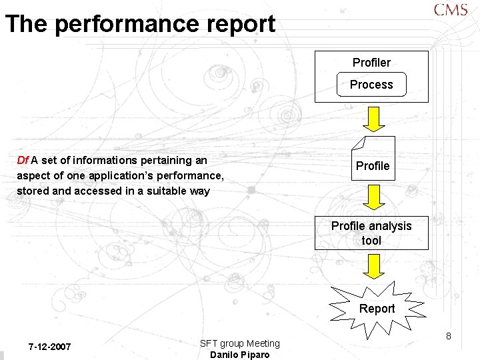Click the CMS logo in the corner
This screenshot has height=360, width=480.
pyautogui.click(x=451, y=11)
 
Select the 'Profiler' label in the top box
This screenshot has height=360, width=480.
pyautogui.click(x=371, y=63)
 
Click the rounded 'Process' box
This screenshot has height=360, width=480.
pyautogui.click(x=371, y=85)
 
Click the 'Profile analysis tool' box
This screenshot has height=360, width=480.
pyautogui.click(x=371, y=233)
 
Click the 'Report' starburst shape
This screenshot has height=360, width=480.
pyautogui.click(x=377, y=308)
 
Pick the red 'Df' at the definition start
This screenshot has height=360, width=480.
pyautogui.click(x=22, y=160)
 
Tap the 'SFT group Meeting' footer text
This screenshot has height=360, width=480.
pyautogui.click(x=240, y=343)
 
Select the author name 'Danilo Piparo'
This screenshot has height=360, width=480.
pyautogui.click(x=240, y=355)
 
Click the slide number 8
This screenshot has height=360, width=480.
pyautogui.click(x=449, y=336)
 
